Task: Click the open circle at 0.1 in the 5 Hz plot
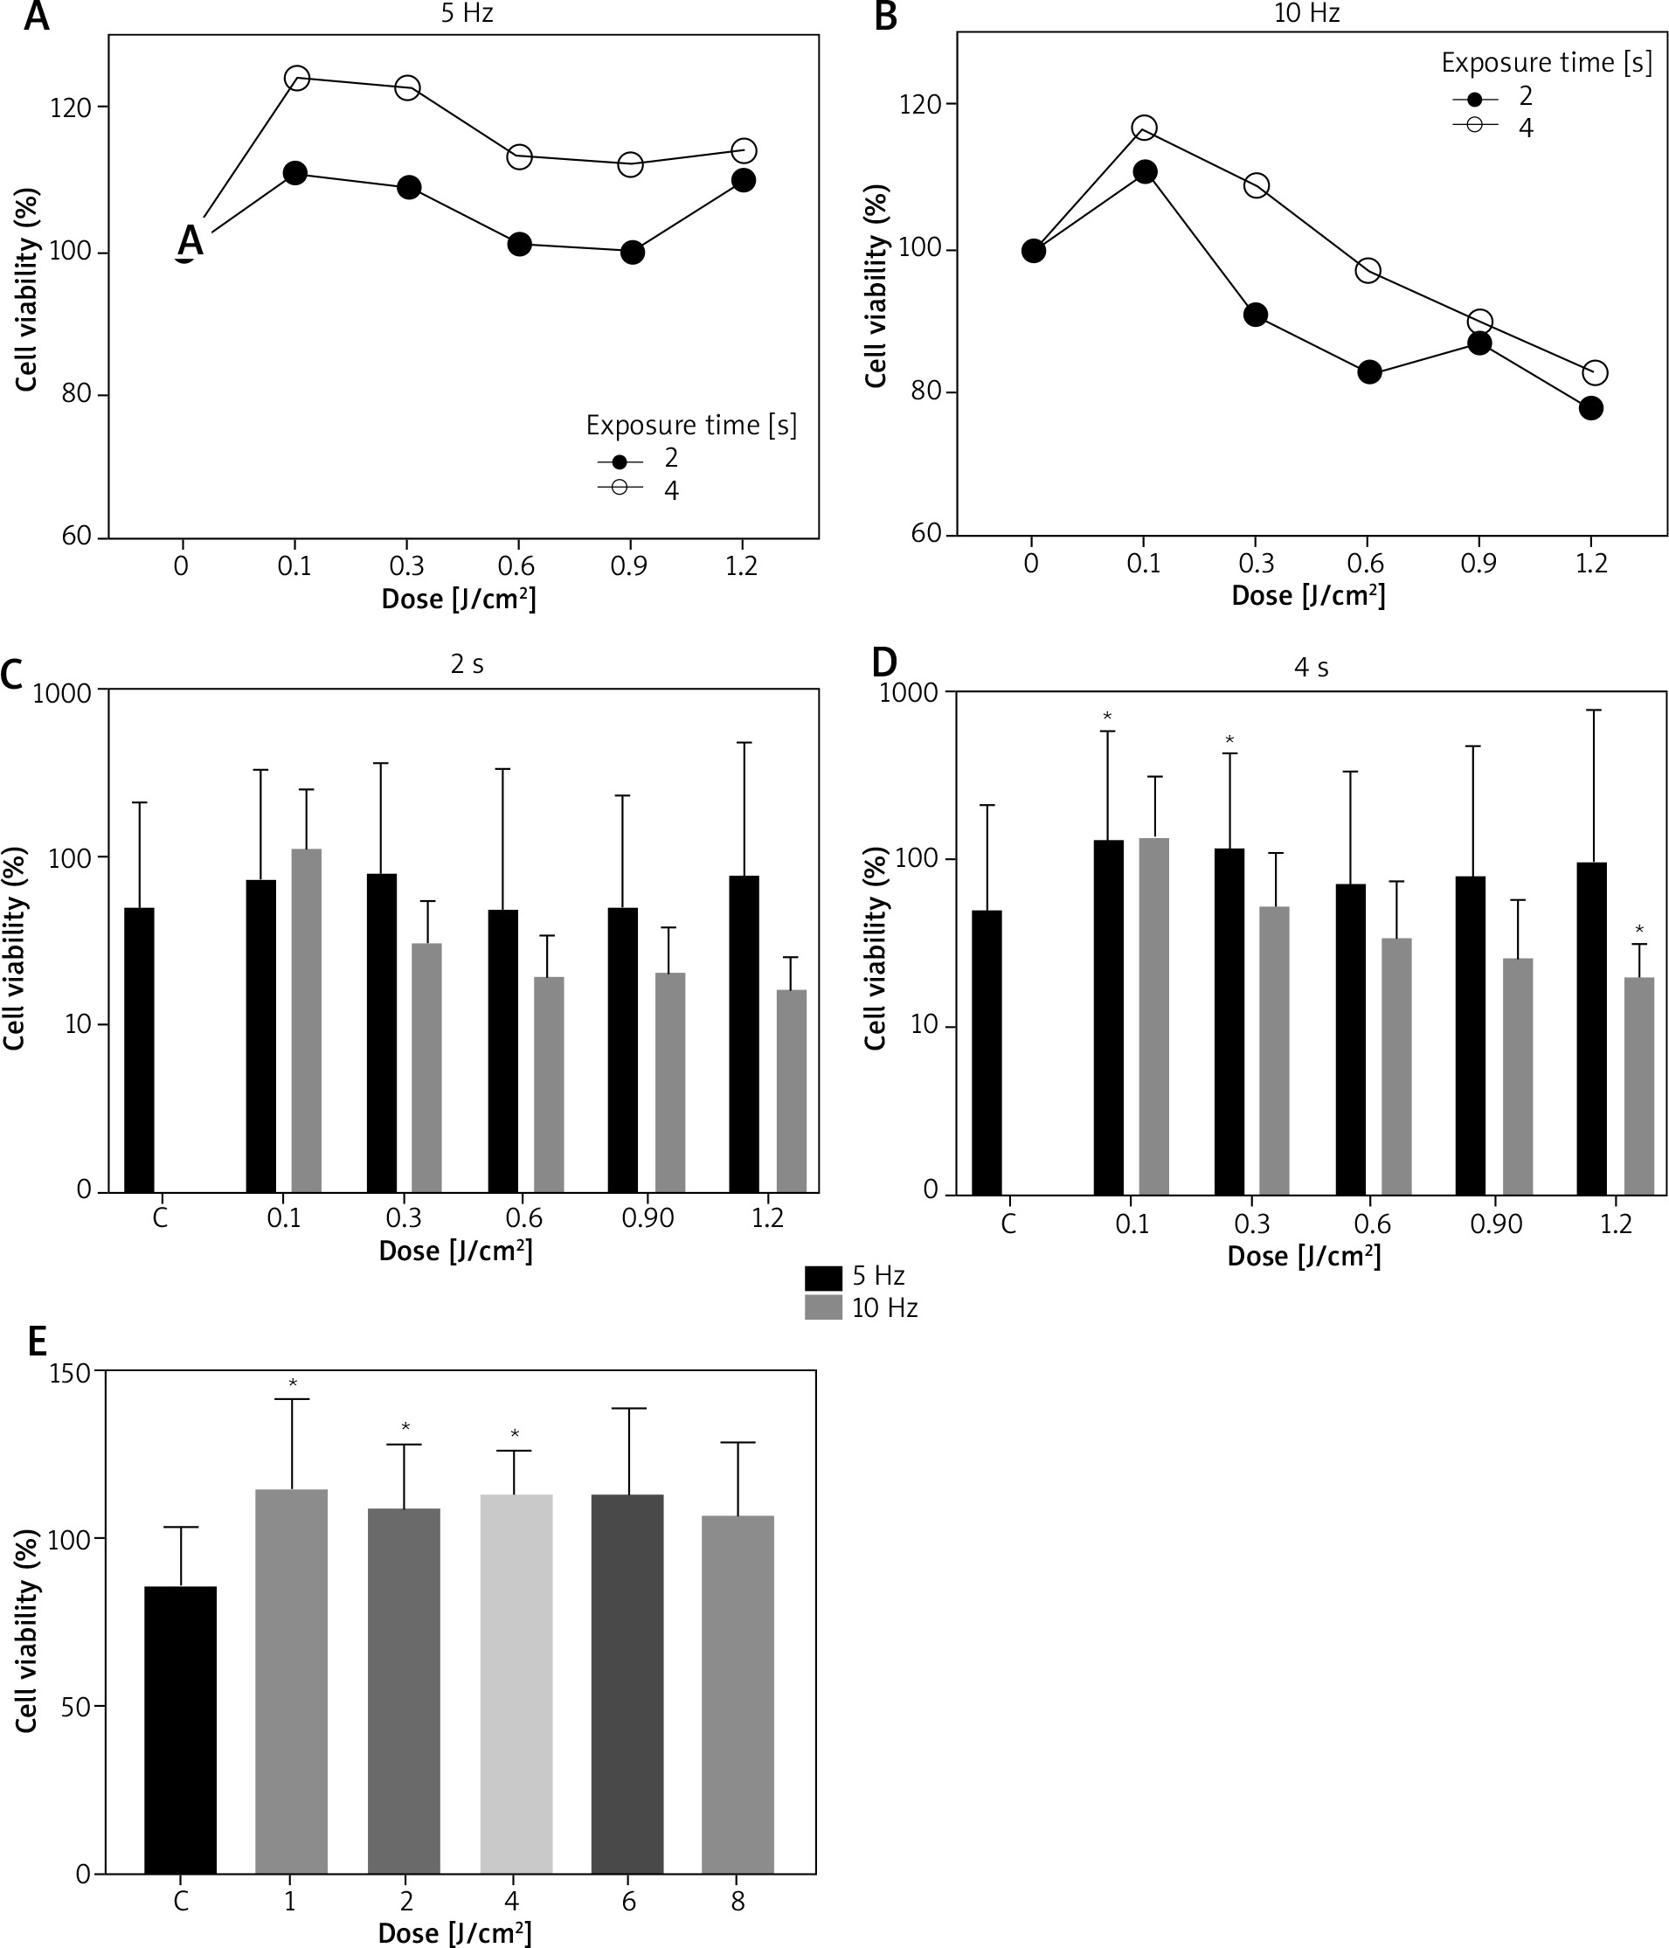[296, 78]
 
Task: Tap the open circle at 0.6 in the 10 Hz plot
[1368, 271]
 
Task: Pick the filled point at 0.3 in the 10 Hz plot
[1256, 315]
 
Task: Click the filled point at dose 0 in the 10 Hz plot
[1034, 251]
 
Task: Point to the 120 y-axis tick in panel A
[72, 108]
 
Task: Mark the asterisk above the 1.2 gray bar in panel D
[1640, 931]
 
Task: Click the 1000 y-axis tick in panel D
[907, 693]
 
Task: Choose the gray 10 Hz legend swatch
[823, 1307]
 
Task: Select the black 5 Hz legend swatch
[823, 1277]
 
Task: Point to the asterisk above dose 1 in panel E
[293, 1383]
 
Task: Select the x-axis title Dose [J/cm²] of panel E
[454, 1933]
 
